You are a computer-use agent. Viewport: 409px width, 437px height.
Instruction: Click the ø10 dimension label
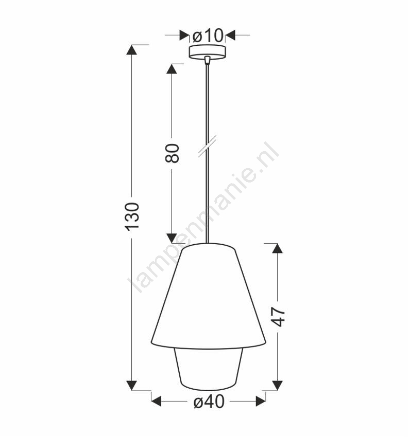pyautogui.click(x=208, y=35)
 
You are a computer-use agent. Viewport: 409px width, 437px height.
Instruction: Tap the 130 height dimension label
pyautogui.click(x=132, y=216)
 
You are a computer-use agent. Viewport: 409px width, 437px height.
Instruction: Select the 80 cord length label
pyautogui.click(x=172, y=153)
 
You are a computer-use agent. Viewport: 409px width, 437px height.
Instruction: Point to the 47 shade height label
pyautogui.click(x=278, y=317)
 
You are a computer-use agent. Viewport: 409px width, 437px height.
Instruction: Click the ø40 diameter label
pyautogui.click(x=209, y=402)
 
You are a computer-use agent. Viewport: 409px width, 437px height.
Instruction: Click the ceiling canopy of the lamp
pyautogui.click(x=207, y=52)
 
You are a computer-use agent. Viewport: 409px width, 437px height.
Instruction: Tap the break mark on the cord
pyautogui.click(x=207, y=146)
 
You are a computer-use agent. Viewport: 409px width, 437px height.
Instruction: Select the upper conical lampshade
pyautogui.click(x=209, y=296)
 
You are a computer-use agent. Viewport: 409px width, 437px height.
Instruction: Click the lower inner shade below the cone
pyautogui.click(x=209, y=369)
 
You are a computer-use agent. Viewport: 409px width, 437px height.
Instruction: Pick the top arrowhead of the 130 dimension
pyautogui.click(x=132, y=50)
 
